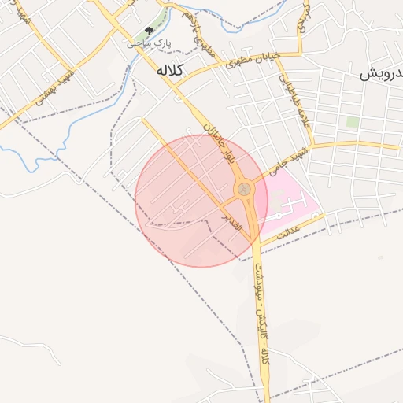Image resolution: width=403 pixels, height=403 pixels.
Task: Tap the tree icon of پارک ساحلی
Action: pyautogui.click(x=150, y=32)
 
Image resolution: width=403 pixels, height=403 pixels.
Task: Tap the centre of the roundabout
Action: pyautogui.click(x=245, y=190)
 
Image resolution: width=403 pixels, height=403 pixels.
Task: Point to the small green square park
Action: pyautogui.click(x=352, y=123)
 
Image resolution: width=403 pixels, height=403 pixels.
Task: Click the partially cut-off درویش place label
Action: pyautogui.click(x=383, y=75)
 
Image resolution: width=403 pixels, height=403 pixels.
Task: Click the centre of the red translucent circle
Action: pyautogui.click(x=201, y=201)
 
